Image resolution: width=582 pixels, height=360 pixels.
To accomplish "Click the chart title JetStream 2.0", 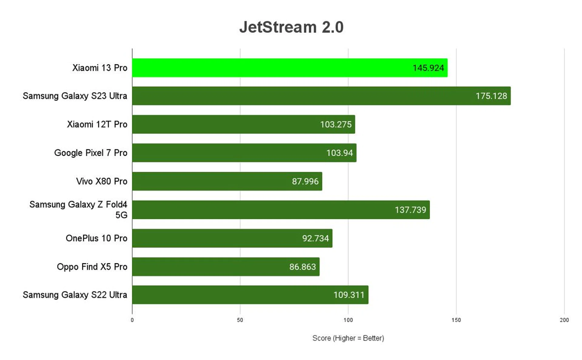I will coord(291,27).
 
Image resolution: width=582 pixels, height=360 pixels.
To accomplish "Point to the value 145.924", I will coord(428,68).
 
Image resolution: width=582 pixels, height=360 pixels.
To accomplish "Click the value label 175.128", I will coord(491,96).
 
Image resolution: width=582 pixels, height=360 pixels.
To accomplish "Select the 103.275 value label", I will coord(336,124).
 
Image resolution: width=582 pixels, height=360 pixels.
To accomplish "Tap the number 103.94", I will coord(339,153).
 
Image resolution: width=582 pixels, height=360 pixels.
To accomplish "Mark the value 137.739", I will coord(410,210).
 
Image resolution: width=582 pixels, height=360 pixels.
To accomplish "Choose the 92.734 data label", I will coord(315,238).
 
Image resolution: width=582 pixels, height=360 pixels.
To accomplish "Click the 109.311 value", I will coord(349,295).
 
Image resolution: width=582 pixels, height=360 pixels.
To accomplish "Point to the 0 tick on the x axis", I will coord(132,320).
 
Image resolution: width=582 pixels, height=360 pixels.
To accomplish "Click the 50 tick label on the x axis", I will coord(240,320).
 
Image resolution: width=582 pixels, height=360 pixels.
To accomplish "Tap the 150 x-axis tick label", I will coord(456,320).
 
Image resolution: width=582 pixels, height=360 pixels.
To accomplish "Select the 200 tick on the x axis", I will coord(564,320).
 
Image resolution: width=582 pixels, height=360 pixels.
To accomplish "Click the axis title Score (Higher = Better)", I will coord(348,338).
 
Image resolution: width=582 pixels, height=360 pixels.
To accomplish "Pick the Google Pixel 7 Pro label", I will coord(91,153).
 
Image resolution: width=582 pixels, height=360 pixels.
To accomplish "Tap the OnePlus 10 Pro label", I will coord(96,238).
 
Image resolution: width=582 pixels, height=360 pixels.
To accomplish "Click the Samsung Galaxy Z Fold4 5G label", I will coord(78,210).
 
